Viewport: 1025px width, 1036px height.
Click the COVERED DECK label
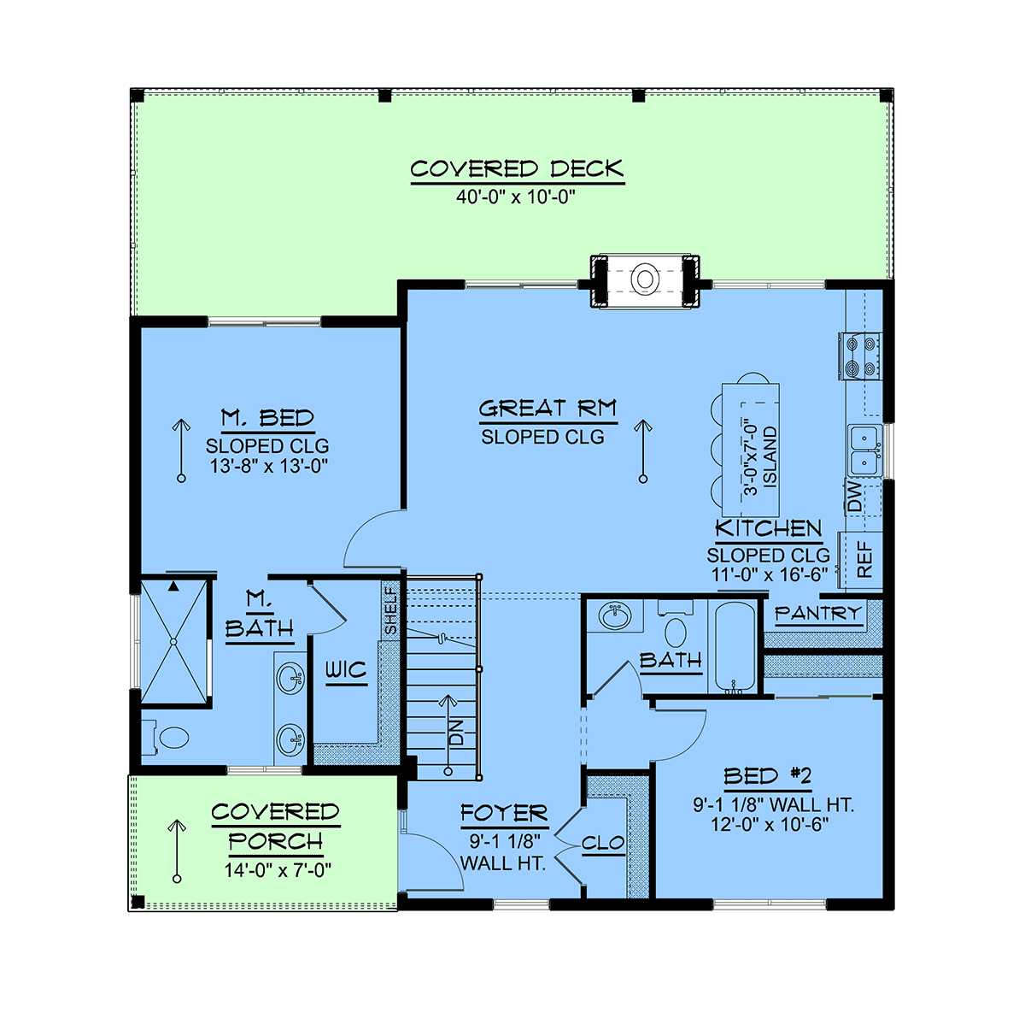[517, 168]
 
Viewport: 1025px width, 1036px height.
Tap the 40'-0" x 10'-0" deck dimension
[516, 197]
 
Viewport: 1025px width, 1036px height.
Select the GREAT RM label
[548, 409]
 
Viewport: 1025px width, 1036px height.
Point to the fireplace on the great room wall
[644, 280]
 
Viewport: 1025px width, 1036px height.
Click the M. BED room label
[267, 418]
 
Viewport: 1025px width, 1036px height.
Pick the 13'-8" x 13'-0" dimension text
[269, 466]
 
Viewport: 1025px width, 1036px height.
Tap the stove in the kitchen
[859, 356]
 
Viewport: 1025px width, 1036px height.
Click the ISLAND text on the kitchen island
[769, 457]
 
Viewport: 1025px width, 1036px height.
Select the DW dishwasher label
[854, 497]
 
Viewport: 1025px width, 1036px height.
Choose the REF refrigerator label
[864, 559]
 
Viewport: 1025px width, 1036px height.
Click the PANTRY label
[817, 613]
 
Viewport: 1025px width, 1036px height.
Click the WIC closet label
[346, 670]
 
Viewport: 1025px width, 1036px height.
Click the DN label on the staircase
[456, 732]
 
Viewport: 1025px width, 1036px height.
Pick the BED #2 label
[768, 776]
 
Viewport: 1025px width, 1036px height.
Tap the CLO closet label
[603, 843]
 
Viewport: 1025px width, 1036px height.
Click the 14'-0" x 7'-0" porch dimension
[278, 870]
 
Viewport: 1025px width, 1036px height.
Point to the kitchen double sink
[864, 450]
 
